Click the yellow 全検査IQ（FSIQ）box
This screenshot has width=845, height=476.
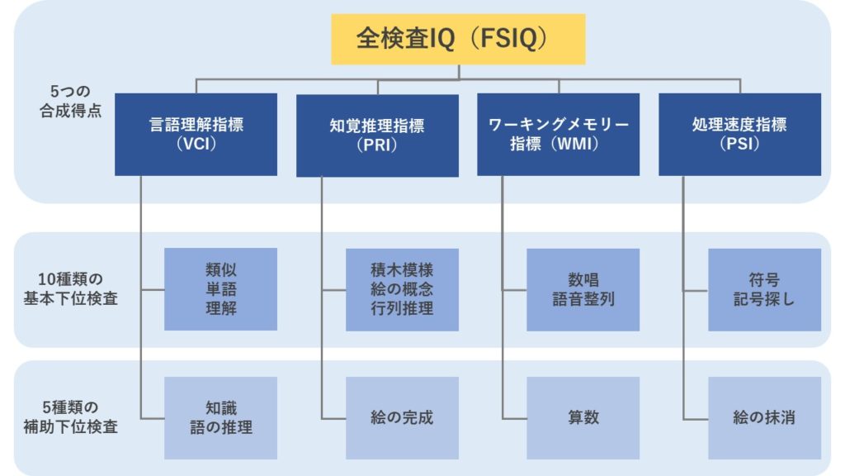(x=458, y=39)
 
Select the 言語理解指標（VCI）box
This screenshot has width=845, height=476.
(x=196, y=134)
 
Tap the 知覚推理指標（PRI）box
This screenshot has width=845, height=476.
(x=377, y=135)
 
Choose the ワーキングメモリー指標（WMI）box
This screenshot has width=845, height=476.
(x=558, y=134)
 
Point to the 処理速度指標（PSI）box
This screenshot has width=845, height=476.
(x=739, y=134)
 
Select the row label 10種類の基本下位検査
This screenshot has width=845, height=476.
(x=71, y=288)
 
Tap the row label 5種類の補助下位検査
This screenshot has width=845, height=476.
(x=71, y=417)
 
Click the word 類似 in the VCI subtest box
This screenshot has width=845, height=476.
(x=220, y=270)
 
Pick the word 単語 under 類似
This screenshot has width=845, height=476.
(x=220, y=289)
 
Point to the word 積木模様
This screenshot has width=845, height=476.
(x=402, y=270)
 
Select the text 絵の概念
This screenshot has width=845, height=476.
(x=402, y=289)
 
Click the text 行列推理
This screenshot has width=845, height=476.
(x=402, y=308)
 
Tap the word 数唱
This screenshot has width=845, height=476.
(x=583, y=279)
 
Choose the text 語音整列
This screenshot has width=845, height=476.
(x=583, y=298)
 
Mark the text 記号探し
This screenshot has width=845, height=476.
(x=764, y=298)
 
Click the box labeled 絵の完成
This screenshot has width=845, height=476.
(x=402, y=417)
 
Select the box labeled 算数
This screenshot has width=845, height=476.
(x=583, y=417)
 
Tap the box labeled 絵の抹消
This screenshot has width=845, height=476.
(x=764, y=417)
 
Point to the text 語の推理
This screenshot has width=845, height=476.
(x=220, y=427)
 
